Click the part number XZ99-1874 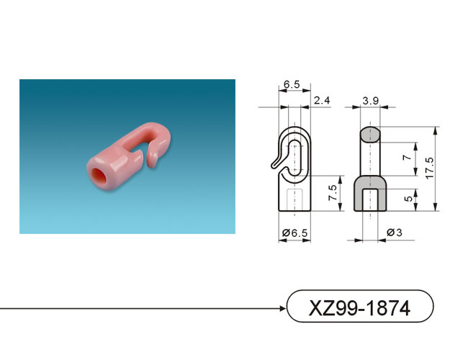point(359,307)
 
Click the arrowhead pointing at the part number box point(283,308)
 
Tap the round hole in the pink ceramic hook point(98,176)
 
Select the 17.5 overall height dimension point(430,168)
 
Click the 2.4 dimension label point(322,101)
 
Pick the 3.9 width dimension point(370,101)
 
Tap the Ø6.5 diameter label point(294,233)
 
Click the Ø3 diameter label point(394,233)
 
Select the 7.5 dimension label point(333,193)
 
